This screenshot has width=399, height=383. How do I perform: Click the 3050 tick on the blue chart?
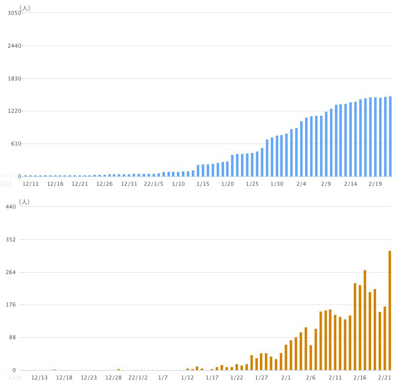pyautogui.click(x=14, y=13)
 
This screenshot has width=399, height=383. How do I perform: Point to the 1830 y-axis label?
pyautogui.click(x=14, y=78)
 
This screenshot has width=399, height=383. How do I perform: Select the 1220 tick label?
pyautogui.click(x=14, y=111)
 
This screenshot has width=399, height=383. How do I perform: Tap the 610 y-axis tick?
pyautogui.click(x=16, y=144)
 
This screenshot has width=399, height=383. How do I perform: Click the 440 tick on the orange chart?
pyautogui.click(x=11, y=207)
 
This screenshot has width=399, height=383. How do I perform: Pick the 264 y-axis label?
pyautogui.click(x=11, y=272)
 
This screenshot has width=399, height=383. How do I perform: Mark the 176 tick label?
pyautogui.click(x=11, y=305)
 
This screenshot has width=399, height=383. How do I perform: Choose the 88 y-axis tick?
pyautogui.click(x=12, y=337)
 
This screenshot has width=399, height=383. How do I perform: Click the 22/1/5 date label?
pyautogui.click(x=154, y=184)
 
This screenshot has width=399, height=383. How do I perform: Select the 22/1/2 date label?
pyautogui.click(x=138, y=378)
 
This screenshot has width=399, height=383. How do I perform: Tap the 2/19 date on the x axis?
pyautogui.click(x=375, y=184)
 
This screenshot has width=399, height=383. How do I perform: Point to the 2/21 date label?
pyautogui.click(x=385, y=378)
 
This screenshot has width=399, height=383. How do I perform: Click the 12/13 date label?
pyautogui.click(x=40, y=378)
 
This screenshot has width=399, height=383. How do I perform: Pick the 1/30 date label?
pyautogui.click(x=277, y=184)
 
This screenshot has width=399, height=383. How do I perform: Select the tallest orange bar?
pyautogui.click(x=390, y=310)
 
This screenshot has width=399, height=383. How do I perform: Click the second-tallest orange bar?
pyautogui.click(x=365, y=320)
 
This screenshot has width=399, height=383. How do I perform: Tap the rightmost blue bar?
pyautogui.click(x=390, y=136)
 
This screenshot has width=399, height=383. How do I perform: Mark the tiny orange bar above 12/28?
pyautogui.click(x=118, y=369)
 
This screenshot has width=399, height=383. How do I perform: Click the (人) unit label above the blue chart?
pyautogui.click(x=25, y=8)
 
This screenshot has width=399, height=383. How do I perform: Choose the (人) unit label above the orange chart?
pyautogui.click(x=24, y=202)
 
